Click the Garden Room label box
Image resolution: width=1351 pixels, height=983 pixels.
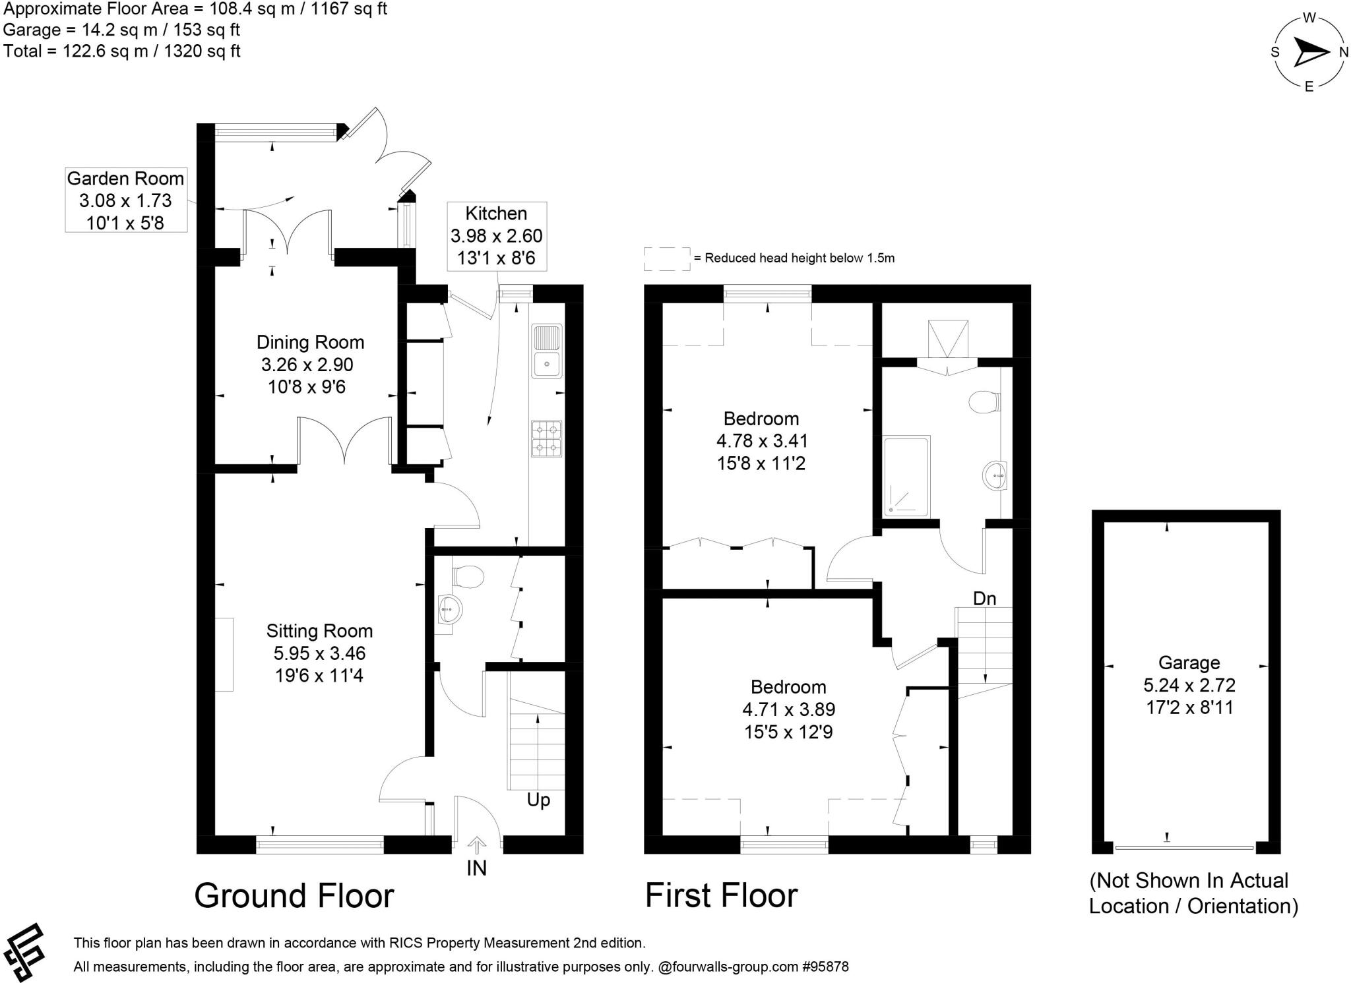click(125, 200)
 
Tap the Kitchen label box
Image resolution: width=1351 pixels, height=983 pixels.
click(496, 235)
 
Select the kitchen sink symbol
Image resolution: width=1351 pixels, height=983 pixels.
click(547, 351)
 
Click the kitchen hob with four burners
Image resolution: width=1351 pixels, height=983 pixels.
click(547, 439)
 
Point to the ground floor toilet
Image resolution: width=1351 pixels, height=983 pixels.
click(468, 576)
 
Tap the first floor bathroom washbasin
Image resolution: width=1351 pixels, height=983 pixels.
click(995, 475)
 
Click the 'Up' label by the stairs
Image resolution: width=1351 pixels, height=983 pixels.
click(538, 800)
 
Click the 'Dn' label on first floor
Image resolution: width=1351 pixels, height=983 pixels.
click(984, 599)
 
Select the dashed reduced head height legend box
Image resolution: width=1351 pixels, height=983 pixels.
click(666, 258)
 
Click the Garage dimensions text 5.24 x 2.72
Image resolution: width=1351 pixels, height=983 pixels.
click(1189, 685)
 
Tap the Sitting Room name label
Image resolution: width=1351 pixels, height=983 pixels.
click(319, 631)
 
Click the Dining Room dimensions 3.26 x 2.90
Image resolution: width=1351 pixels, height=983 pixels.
click(307, 365)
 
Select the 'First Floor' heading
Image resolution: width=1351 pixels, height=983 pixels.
click(721, 895)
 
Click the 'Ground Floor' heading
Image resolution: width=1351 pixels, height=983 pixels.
click(294, 895)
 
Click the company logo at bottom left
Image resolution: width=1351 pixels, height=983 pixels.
click(24, 951)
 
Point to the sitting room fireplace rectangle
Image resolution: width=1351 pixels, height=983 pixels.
click(224, 654)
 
